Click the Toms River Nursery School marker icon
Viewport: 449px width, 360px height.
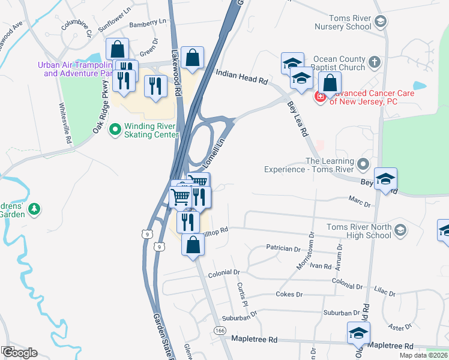pos(379,22)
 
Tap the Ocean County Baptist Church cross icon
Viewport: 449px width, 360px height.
pos(373,61)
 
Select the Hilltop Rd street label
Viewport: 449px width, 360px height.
pos(216,230)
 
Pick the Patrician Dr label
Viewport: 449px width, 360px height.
pos(283,248)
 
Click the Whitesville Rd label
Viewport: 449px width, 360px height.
pos(65,122)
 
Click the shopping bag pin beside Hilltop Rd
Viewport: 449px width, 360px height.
pos(193,245)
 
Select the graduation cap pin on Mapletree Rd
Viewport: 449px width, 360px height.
pos(358,333)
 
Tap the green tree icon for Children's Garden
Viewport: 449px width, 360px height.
pos(35,208)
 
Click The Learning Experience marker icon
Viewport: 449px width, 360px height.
pos(363,164)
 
